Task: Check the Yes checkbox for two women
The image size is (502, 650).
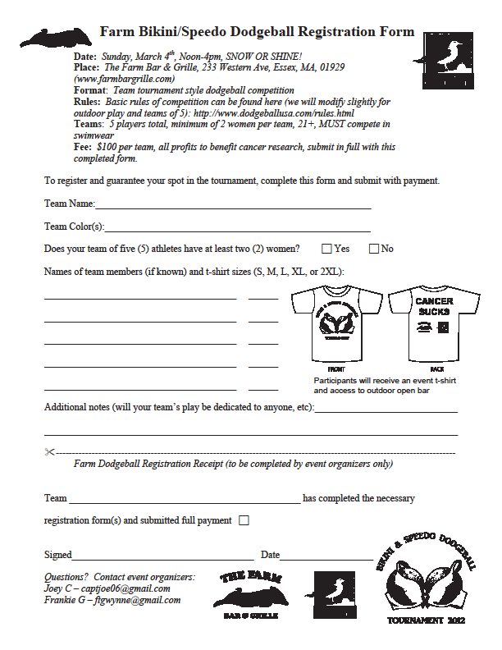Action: click(326, 249)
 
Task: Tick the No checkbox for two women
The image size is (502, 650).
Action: click(374, 249)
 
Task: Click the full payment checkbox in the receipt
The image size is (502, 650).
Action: click(244, 520)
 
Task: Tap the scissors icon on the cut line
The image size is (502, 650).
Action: click(49, 452)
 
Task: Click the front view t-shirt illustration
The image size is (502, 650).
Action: click(335, 323)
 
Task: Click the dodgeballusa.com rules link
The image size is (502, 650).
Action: click(283, 112)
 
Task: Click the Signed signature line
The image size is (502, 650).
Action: click(162, 558)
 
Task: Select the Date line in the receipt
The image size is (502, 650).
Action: click(326, 558)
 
